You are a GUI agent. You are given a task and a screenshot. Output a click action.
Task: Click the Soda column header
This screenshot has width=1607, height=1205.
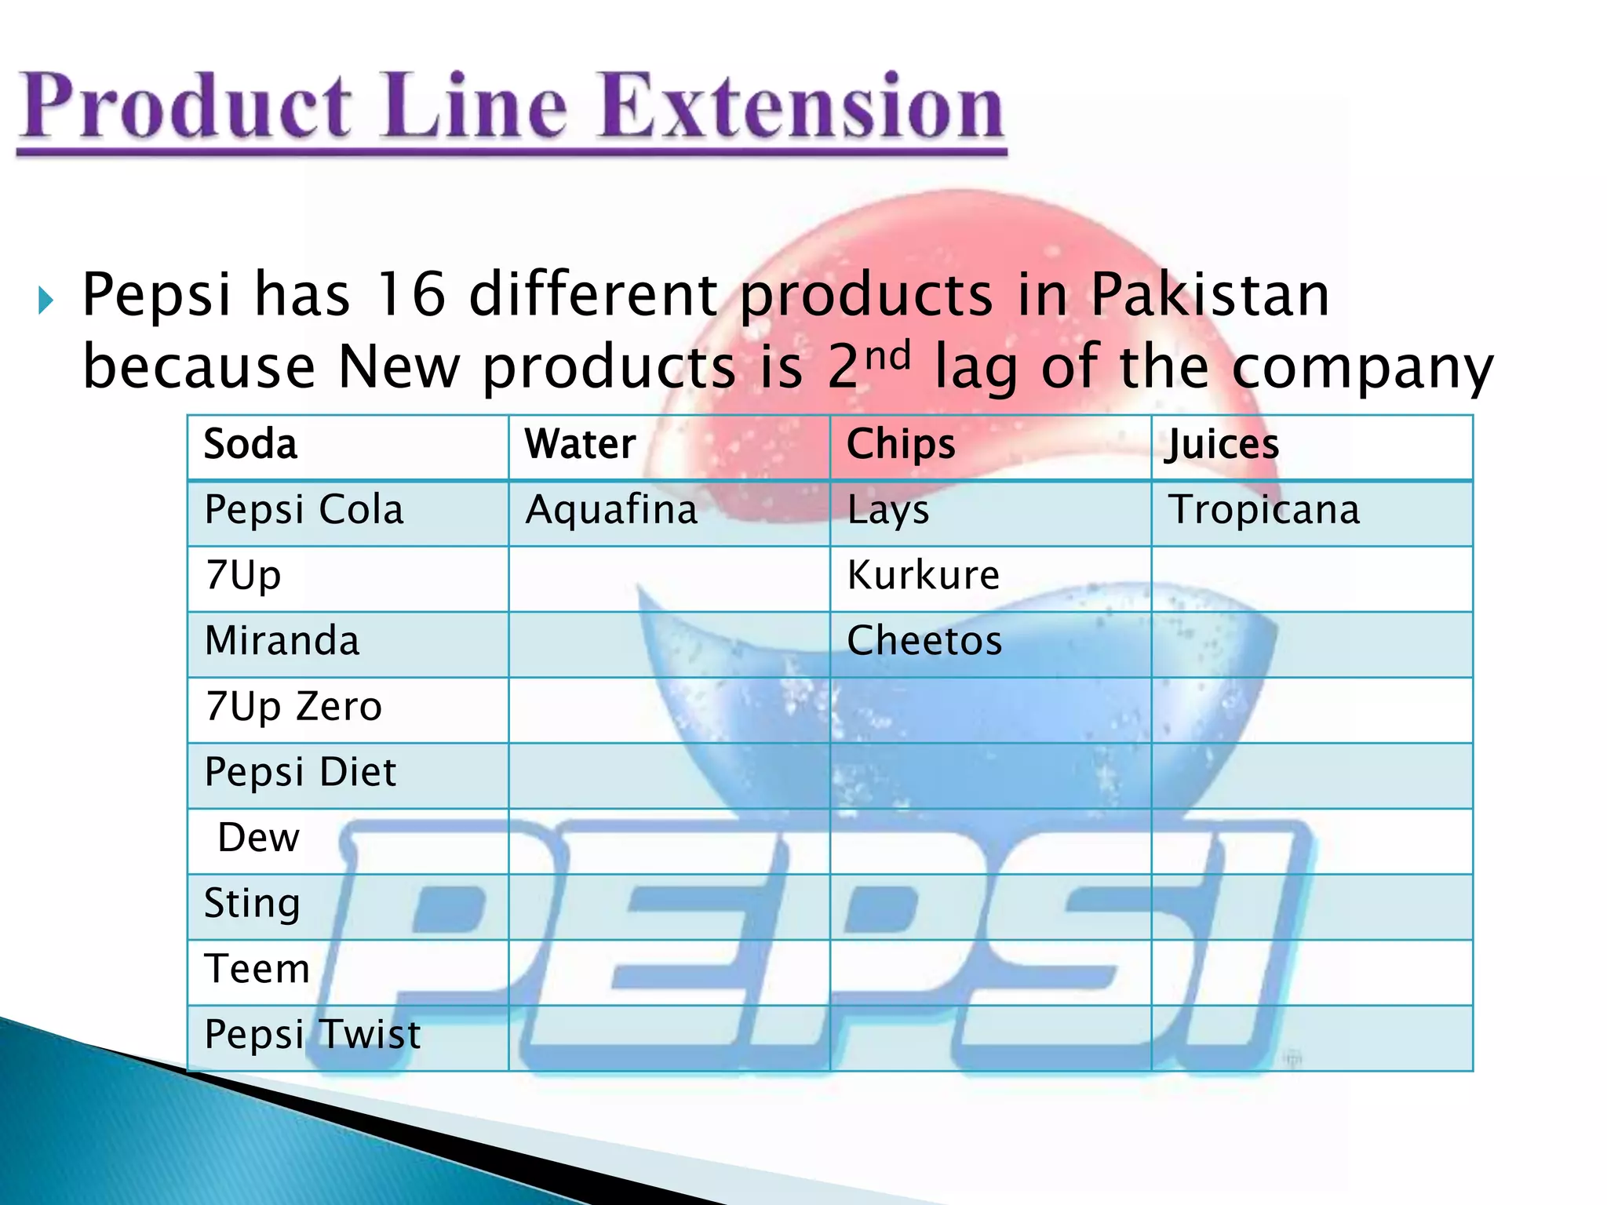click(251, 445)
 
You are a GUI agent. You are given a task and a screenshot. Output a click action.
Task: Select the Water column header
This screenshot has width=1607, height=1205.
click(581, 445)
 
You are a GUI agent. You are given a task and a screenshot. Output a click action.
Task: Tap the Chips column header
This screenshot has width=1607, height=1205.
click(901, 445)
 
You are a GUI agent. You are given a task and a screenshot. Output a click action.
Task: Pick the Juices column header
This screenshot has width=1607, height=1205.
click(1222, 445)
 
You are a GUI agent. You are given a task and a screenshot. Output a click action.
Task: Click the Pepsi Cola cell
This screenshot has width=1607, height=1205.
click(304, 511)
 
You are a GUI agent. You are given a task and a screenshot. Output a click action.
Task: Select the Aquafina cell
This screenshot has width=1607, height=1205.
click(612, 511)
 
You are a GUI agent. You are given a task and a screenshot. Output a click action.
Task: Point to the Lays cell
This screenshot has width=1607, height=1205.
click(888, 511)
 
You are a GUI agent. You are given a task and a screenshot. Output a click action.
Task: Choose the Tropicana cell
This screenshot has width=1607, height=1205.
click(1264, 511)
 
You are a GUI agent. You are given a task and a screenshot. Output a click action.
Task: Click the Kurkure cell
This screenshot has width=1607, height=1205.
click(924, 576)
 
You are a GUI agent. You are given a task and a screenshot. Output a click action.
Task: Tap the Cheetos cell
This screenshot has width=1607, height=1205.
click(924, 642)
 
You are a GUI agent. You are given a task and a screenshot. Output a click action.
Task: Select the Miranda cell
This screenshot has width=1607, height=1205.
click(282, 642)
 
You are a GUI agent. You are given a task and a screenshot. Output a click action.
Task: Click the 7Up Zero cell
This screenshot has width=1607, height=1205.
click(293, 707)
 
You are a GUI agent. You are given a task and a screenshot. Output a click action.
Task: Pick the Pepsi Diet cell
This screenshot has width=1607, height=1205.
click(301, 773)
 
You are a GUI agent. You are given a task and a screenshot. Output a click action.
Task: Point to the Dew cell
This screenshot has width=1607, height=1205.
click(259, 839)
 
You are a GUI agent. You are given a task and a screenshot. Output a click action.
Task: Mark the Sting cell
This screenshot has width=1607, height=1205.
click(252, 904)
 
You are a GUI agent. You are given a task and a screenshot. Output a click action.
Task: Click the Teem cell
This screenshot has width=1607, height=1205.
click(257, 970)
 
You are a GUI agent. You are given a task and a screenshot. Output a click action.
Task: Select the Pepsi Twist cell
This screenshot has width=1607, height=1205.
click(312, 1035)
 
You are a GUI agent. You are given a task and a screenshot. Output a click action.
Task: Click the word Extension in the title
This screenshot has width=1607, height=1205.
click(803, 107)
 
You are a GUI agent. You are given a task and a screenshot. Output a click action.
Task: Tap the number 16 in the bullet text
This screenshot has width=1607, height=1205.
click(410, 295)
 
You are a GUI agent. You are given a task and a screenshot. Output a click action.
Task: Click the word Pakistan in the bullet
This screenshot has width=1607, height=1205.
click(1209, 295)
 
